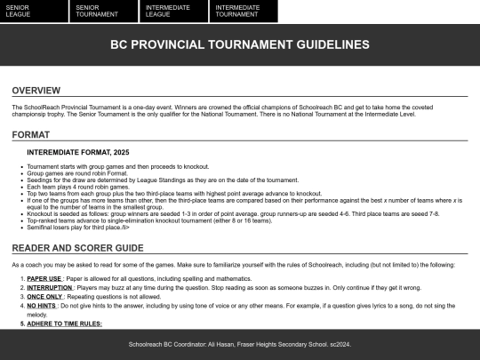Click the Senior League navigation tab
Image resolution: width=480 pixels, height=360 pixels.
34,11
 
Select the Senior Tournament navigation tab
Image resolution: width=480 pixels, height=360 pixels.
103,11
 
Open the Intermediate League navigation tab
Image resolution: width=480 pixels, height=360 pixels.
172,11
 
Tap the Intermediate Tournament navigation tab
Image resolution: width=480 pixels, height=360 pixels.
243,11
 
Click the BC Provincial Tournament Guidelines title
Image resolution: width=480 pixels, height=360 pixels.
239,44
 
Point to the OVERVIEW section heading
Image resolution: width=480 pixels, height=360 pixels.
36,91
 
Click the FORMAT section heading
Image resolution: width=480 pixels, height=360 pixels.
31,135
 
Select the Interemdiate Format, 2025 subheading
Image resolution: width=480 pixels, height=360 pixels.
78,152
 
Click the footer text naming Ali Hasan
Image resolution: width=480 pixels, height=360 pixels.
239,343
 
